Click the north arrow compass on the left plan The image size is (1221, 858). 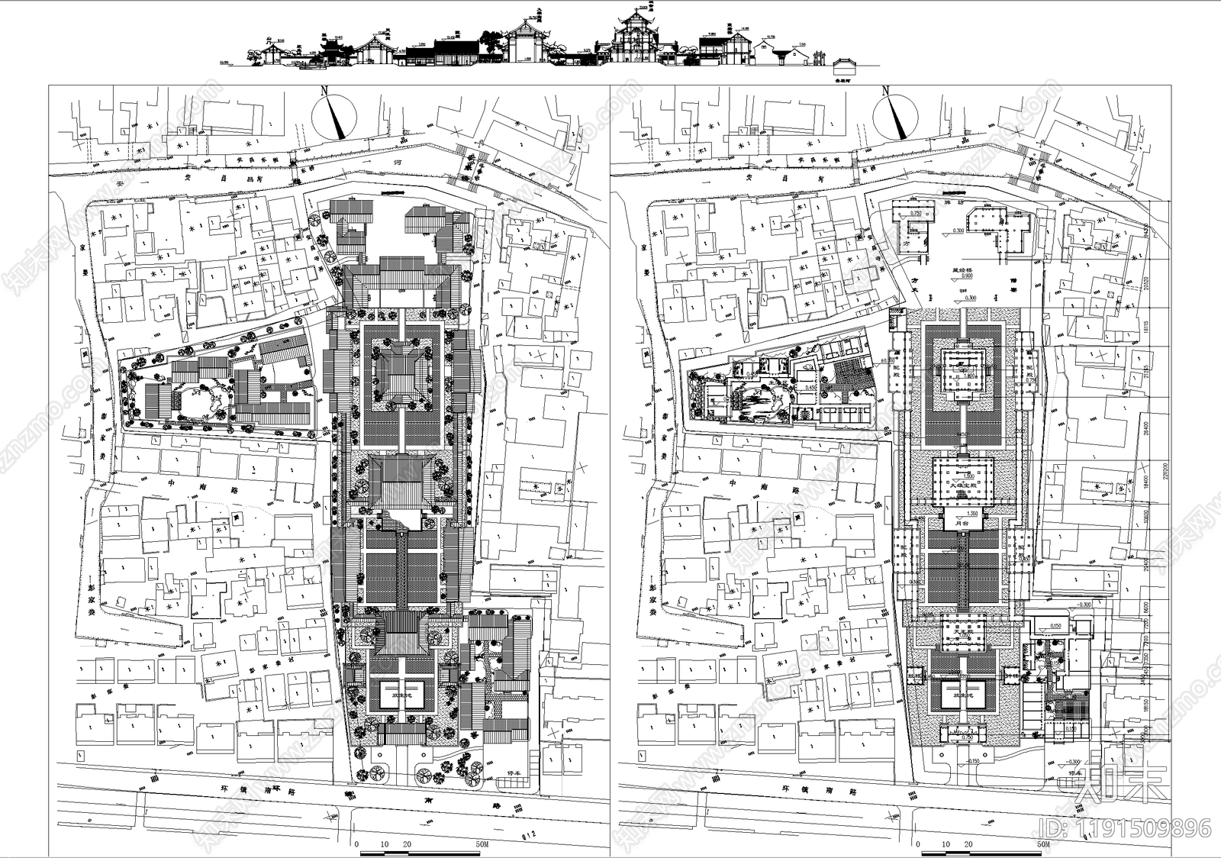[x=334, y=115]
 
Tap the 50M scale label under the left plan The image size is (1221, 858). [x=481, y=845]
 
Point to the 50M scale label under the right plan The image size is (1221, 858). [x=1043, y=845]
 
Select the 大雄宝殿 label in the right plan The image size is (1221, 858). [x=962, y=482]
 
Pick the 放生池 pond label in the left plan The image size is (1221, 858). [x=402, y=696]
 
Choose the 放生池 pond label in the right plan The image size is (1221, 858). [x=962, y=696]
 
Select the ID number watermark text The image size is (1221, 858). [x=1123, y=827]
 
